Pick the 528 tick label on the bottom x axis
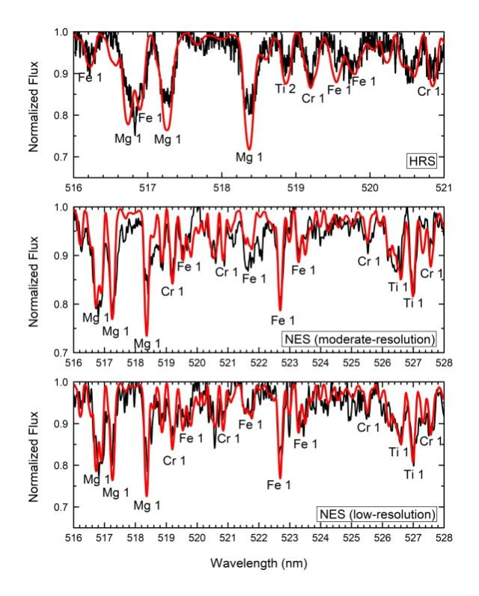pyautogui.click(x=444, y=535)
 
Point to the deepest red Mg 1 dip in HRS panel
pyautogui.click(x=249, y=149)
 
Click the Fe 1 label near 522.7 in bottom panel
pyautogui.click(x=279, y=485)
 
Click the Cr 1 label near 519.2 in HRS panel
pyautogui.click(x=313, y=97)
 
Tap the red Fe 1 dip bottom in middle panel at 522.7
pyautogui.click(x=280, y=310)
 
